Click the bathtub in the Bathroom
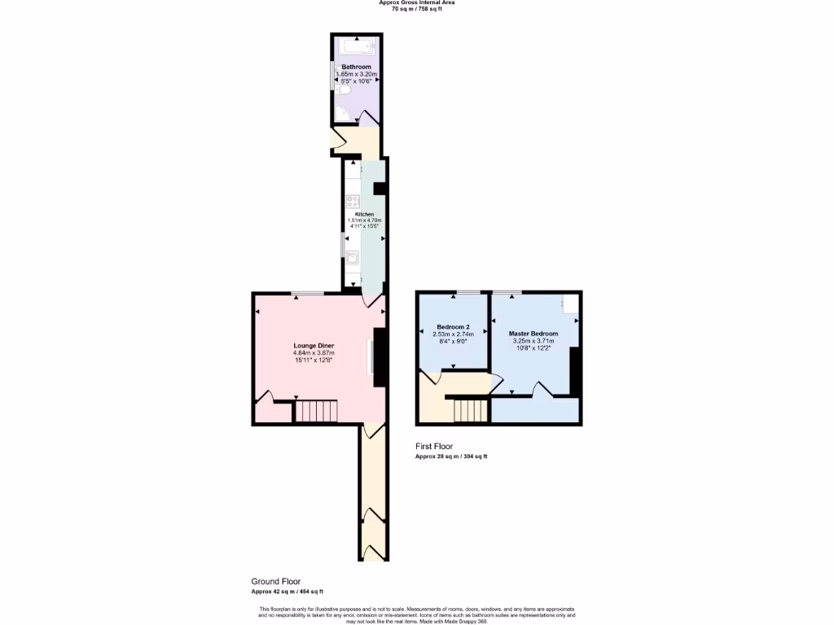[x=356, y=47]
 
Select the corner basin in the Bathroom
[x=340, y=115]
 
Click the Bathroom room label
[x=356, y=67]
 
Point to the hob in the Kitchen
[x=353, y=199]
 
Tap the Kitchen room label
[x=364, y=214]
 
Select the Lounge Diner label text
[x=314, y=346]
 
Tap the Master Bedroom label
[x=533, y=334]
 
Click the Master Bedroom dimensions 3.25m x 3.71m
[x=533, y=341]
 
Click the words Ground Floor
[x=275, y=582]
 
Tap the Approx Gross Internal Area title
[x=417, y=2]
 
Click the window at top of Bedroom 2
[x=467, y=291]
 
